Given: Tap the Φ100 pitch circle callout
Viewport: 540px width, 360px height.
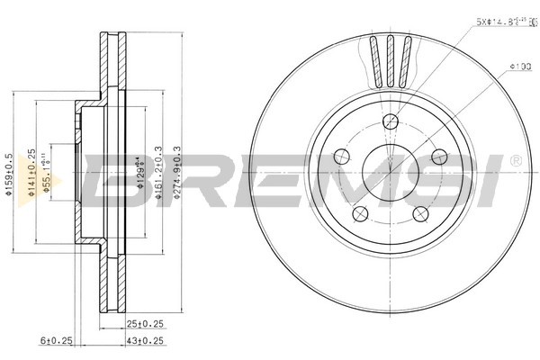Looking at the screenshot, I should point(517,66).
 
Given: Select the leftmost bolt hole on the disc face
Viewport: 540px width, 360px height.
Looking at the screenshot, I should point(340,157).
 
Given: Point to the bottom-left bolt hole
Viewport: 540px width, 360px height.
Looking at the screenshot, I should point(360,213).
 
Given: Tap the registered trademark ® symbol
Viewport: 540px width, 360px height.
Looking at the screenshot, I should point(515,160).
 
